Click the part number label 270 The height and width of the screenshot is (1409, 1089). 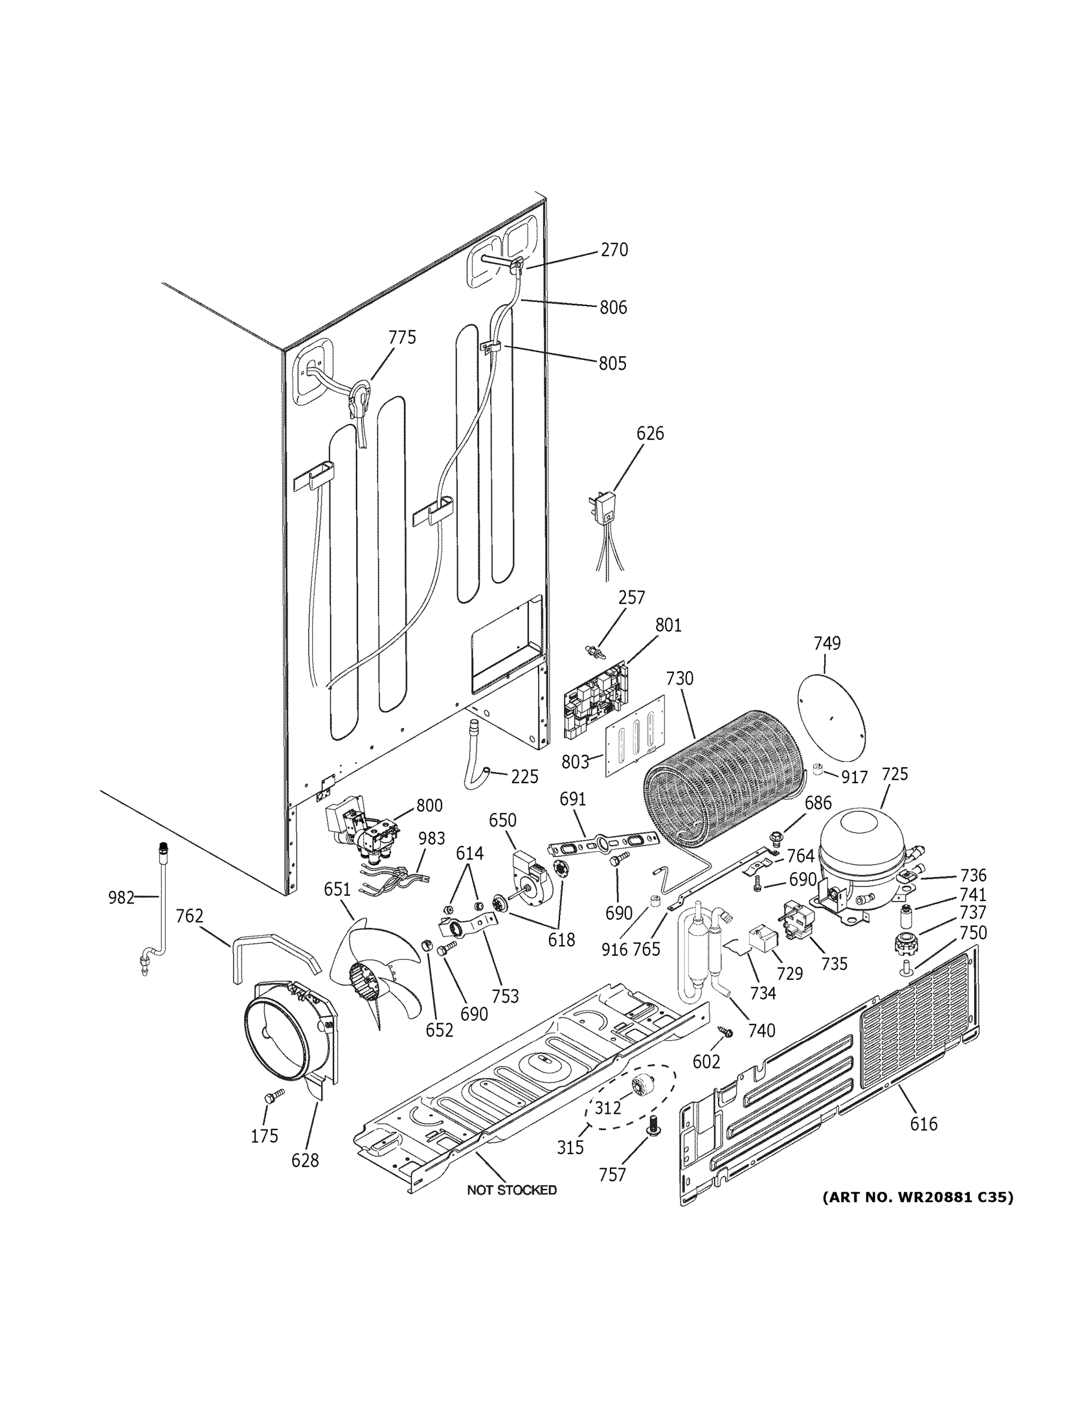point(613,250)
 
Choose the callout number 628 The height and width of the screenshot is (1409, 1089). point(305,1179)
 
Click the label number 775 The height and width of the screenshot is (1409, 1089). point(402,338)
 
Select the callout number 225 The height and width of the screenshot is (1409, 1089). point(524,777)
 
